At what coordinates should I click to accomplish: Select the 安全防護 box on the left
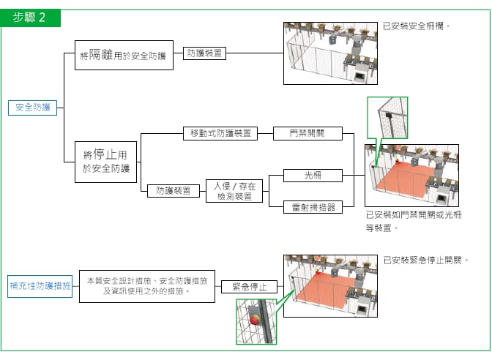[x=32, y=107]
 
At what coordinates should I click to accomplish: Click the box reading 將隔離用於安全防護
[x=124, y=55]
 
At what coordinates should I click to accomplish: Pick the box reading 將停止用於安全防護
[x=106, y=162]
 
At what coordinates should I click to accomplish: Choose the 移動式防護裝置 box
[x=220, y=133]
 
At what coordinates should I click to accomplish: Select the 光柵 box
[x=313, y=176]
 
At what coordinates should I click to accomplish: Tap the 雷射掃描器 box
[x=313, y=207]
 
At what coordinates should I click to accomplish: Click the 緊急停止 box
[x=249, y=286]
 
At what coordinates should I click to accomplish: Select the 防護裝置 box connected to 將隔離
[x=205, y=53]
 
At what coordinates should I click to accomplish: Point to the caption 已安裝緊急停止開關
[x=425, y=260]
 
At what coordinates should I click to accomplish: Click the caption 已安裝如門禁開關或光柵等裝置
[x=413, y=221]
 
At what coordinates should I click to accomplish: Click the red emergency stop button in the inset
[x=254, y=320]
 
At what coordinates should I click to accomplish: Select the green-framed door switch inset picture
[x=388, y=118]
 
